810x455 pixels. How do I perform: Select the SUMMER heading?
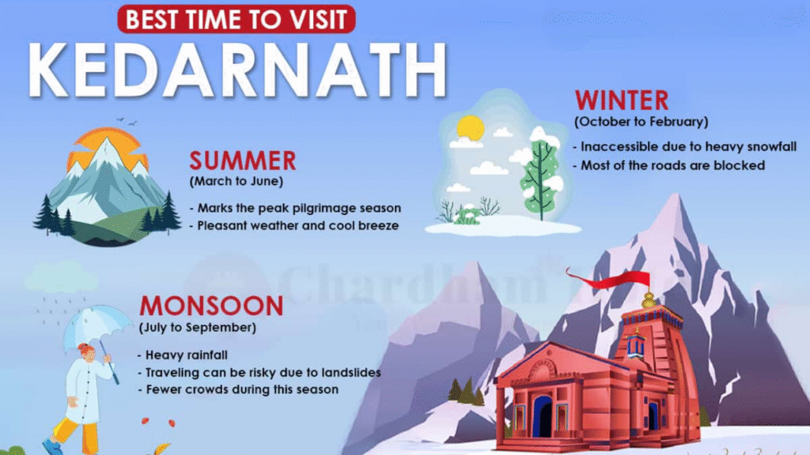click(x=242, y=161)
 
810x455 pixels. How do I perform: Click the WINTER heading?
click(x=622, y=100)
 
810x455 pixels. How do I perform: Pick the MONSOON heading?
click(x=211, y=306)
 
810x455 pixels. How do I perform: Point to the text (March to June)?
click(x=236, y=182)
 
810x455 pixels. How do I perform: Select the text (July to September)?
click(x=199, y=326)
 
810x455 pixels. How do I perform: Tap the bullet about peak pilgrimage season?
click(x=296, y=208)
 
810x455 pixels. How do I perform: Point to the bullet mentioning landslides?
click(x=259, y=372)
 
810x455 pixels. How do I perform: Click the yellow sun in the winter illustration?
click(x=470, y=128)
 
